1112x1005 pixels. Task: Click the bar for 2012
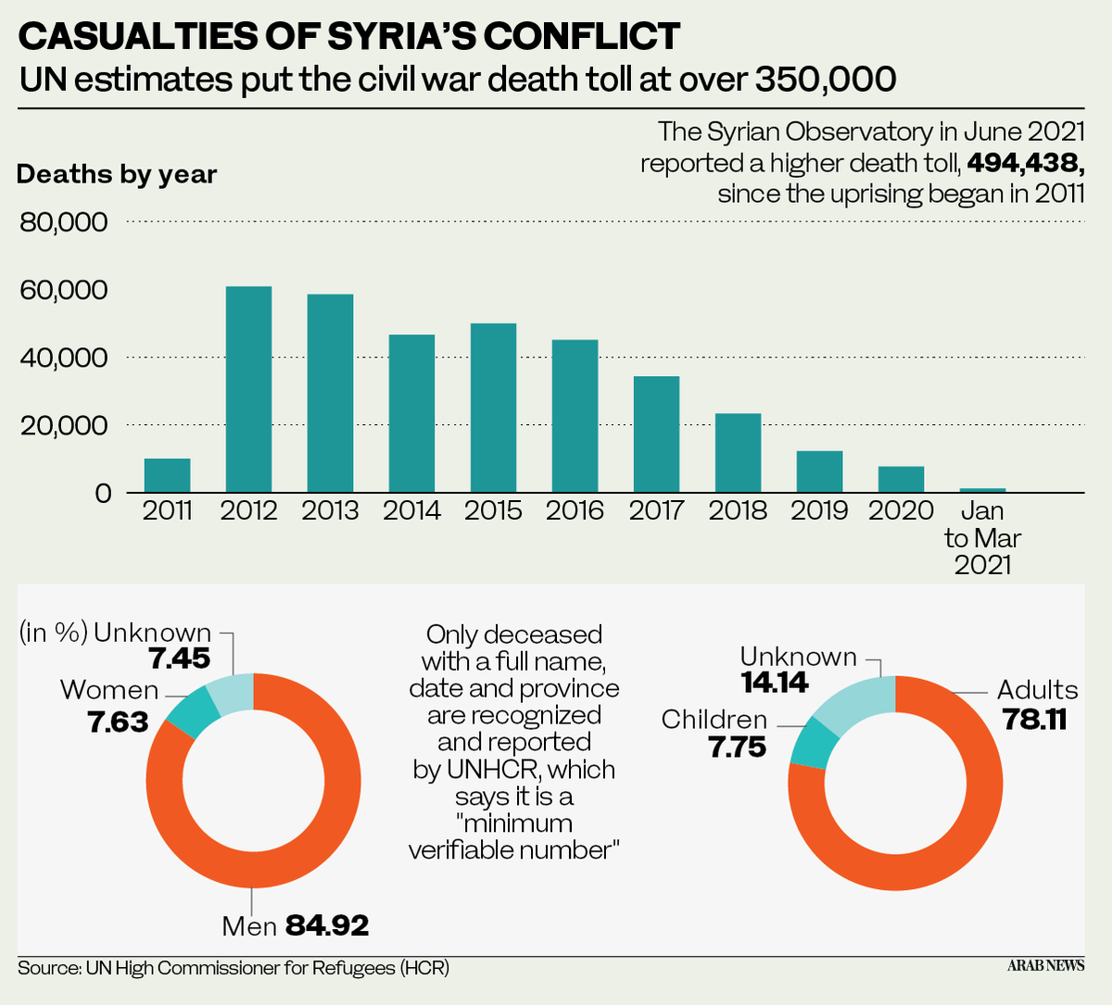coord(249,389)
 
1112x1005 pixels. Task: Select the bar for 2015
coord(494,408)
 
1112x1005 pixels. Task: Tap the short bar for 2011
coord(168,475)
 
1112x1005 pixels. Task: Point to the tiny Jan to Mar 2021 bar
coord(982,490)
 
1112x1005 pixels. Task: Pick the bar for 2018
coord(739,453)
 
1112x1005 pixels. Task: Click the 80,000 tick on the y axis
coord(63,222)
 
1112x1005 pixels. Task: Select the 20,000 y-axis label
coord(63,426)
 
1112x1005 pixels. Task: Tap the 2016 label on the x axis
coord(575,510)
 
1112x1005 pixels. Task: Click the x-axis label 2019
coord(819,510)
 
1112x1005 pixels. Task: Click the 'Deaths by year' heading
coord(117,174)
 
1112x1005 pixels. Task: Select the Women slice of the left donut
coord(192,711)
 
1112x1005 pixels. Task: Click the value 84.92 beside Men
coord(327,924)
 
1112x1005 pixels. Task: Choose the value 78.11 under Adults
coord(1034,719)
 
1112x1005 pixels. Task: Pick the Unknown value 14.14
coord(775,683)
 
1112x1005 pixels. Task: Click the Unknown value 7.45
coord(180,659)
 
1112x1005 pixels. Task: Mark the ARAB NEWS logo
coord(1045,965)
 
